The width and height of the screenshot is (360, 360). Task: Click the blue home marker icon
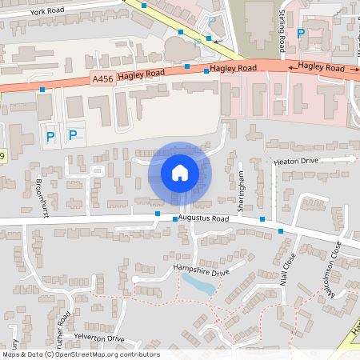pos(180,173)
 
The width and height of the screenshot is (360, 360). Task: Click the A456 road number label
pos(102,78)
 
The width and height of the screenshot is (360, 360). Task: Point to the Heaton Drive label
pos(295,162)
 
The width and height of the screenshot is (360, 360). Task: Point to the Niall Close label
pos(288,269)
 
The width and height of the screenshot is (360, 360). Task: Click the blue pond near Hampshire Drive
pos(198,283)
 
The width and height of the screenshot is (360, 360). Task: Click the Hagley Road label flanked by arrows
pos(321,69)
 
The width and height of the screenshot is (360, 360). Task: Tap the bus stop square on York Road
pos(144,5)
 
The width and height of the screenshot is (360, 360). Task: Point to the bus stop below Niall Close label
pos(281,231)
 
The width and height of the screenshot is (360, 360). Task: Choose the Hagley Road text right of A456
pos(141,75)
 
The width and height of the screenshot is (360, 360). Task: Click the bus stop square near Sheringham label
pos(262,219)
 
